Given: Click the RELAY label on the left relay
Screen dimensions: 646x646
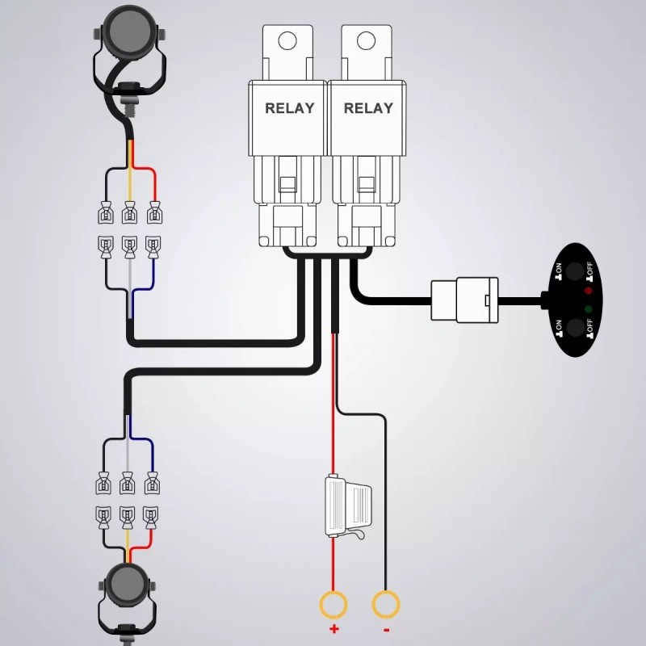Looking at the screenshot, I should coord(289,108).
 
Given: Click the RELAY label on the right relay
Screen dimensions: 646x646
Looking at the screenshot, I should coord(368,108).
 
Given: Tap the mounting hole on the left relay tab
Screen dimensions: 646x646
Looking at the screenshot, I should coord(288,40).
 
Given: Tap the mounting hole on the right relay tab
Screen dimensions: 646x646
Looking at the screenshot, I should coord(367,40).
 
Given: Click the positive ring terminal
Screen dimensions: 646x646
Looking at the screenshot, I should coord(333,604).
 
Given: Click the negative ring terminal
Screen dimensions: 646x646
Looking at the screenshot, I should coord(386,604).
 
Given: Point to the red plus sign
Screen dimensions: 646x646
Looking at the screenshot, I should coord(333,629).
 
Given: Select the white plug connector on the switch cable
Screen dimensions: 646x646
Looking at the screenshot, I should coord(464,300).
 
